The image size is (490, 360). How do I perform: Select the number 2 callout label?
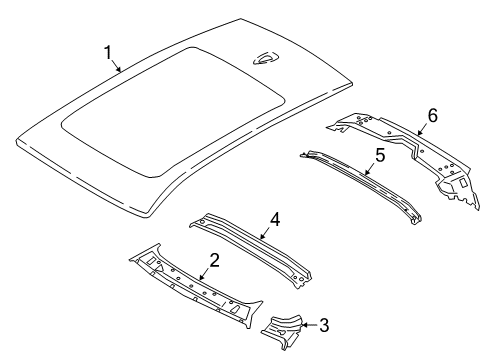[x=213, y=263]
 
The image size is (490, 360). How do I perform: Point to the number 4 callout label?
[x=274, y=220]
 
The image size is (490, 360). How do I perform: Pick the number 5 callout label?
[x=380, y=155]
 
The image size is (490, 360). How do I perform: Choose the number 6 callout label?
[x=432, y=116]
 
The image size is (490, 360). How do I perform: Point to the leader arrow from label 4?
[x=266, y=231]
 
